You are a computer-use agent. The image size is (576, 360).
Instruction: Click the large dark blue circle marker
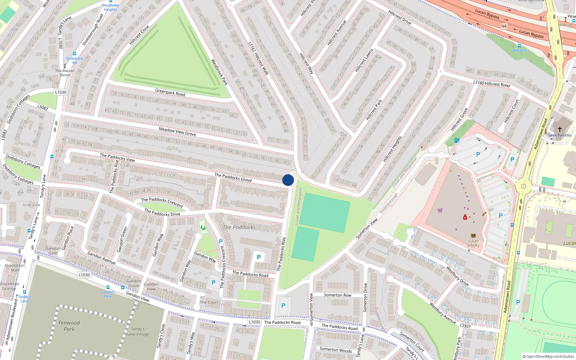(288, 180)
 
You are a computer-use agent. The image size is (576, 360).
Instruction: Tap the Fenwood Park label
(69, 326)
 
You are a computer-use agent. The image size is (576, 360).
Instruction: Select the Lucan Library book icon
(473, 236)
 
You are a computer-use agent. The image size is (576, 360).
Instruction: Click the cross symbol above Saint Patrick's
(560, 129)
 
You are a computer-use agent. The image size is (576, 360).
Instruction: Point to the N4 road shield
(504, 26)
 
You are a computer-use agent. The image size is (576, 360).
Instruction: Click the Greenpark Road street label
(170, 93)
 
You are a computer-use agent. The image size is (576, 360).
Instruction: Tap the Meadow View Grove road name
(177, 131)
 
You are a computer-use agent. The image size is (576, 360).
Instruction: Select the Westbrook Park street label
(219, 72)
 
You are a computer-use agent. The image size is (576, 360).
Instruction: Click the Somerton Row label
(337, 295)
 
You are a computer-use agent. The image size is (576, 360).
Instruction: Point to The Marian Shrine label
(65, 73)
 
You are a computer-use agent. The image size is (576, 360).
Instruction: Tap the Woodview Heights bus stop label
(111, 7)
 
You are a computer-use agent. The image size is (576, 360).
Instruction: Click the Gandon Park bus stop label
(108, 294)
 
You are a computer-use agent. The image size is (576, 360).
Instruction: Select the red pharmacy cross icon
(465, 217)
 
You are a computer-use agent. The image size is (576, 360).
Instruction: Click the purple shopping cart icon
(440, 210)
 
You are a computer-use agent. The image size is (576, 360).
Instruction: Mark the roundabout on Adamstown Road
(523, 186)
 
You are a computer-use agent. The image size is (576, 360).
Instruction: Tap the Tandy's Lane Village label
(138, 332)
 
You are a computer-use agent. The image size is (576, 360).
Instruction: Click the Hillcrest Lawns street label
(364, 60)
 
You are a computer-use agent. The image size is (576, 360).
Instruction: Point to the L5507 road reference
(465, 326)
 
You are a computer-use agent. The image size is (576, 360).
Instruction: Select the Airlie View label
(31, 205)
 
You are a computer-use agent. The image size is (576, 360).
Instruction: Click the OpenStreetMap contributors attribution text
(548, 356)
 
